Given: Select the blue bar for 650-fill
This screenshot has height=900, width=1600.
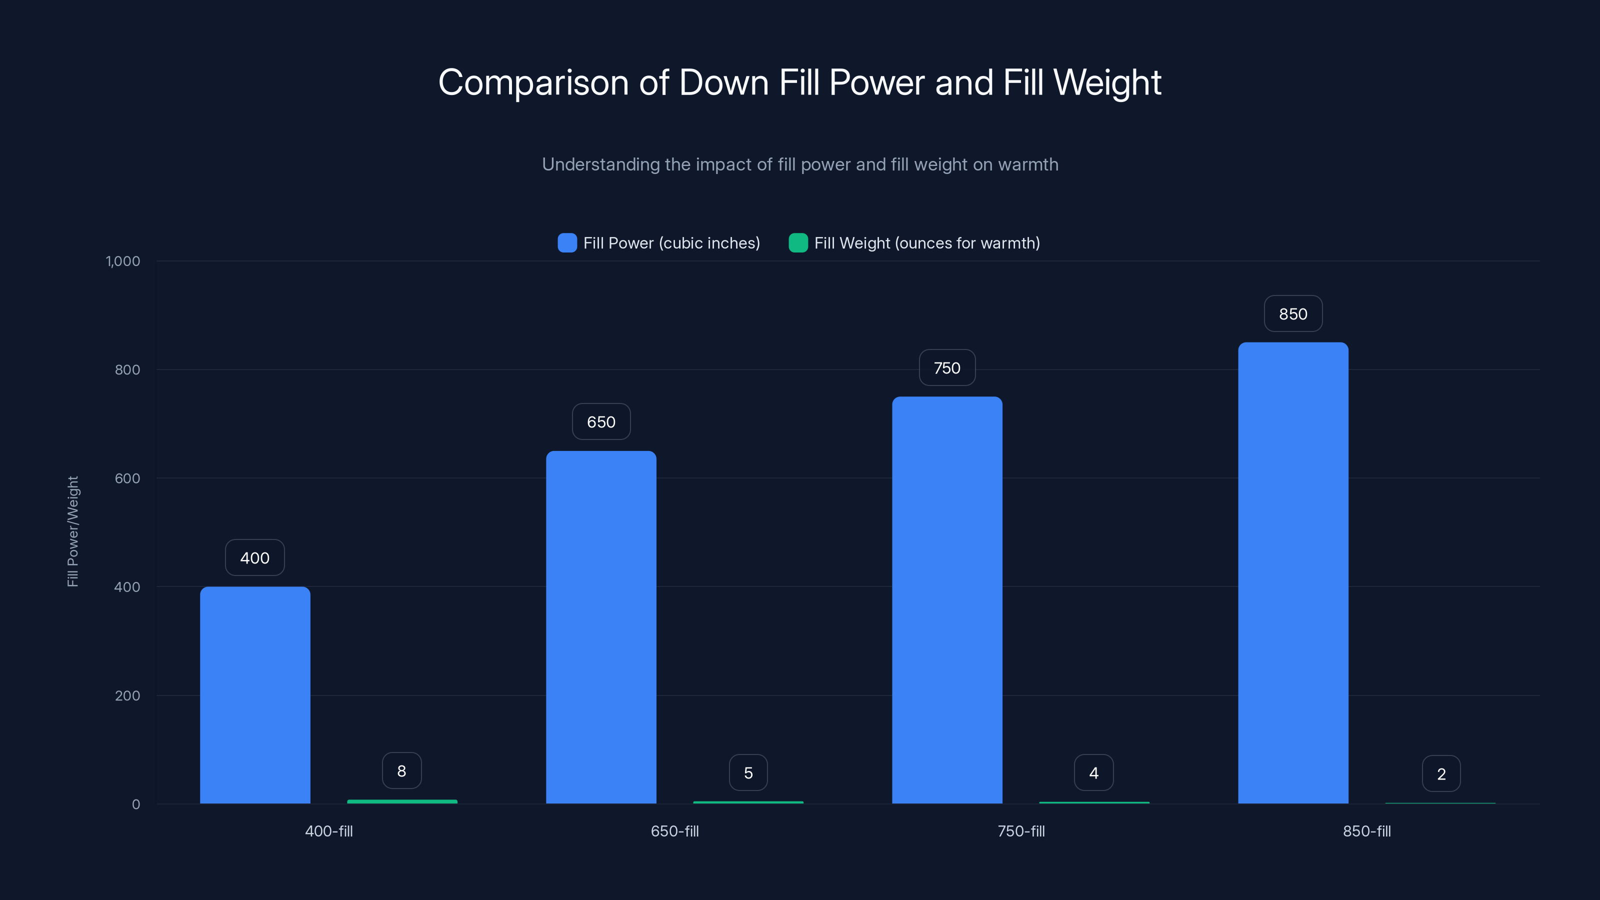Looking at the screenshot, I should tap(600, 627).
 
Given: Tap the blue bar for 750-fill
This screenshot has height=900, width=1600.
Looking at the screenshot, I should tap(946, 600).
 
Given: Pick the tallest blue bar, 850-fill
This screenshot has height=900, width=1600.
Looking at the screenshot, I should tap(1292, 572).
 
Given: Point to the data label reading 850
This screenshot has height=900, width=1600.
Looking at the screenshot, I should tap(1292, 313).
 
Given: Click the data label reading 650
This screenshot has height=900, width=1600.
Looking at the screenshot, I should tap(600, 421).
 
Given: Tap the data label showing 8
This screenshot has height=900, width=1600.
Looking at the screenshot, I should tap(402, 771).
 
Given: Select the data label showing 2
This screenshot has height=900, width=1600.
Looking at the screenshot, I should tap(1441, 774).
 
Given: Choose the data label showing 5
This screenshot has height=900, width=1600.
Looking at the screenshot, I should tap(748, 772).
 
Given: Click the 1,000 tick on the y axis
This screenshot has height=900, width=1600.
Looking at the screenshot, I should tap(123, 261).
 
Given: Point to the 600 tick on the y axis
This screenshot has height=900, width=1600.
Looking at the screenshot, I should tap(127, 478).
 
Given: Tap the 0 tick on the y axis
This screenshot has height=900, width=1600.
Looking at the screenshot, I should tap(136, 804).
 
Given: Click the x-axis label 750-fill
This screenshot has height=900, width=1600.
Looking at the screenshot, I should tap(1020, 831).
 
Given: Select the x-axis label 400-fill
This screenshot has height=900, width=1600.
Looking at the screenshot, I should tap(328, 831).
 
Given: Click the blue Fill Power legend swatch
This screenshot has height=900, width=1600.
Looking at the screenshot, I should tap(567, 243).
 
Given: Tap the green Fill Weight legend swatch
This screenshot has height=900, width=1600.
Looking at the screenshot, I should tap(797, 243).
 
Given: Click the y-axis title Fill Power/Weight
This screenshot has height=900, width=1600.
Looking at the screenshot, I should tap(72, 531).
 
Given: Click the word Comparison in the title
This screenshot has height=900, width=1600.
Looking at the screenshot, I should tap(533, 82).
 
